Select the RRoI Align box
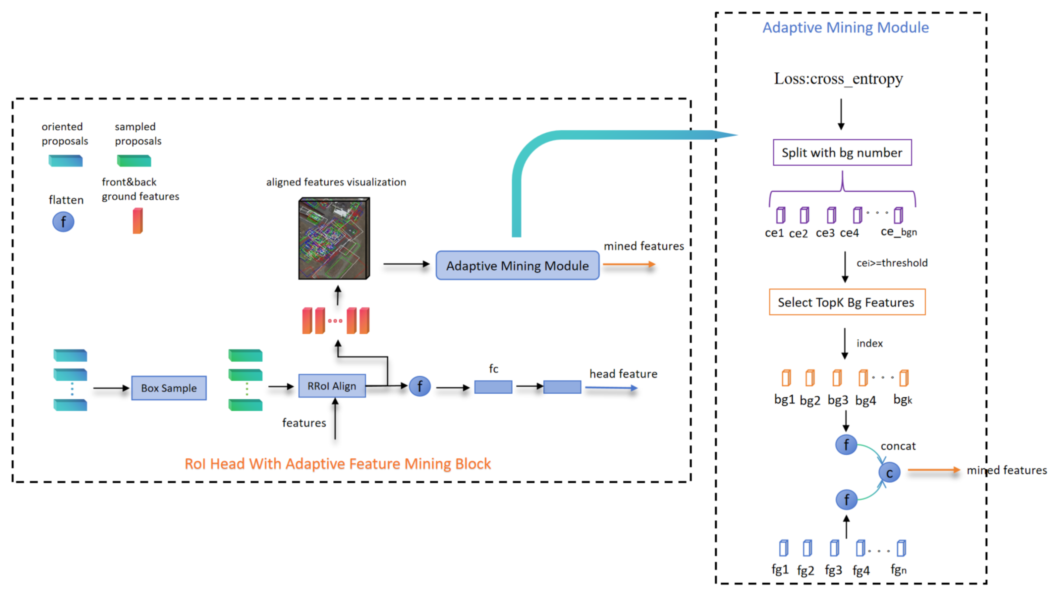(332, 386)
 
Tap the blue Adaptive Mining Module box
(517, 265)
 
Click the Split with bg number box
(842, 153)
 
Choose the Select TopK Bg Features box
(847, 302)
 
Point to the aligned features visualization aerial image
(334, 238)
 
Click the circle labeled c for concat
(889, 473)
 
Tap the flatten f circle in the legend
(63, 222)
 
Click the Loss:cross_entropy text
(838, 78)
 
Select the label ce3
(824, 233)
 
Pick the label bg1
(784, 399)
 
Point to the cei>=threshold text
(892, 263)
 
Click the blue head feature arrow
(611, 387)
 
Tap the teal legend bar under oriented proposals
(66, 161)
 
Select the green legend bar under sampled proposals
(134, 161)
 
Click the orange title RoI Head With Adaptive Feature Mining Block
(337, 464)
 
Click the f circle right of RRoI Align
(419, 386)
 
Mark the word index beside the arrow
(869, 343)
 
